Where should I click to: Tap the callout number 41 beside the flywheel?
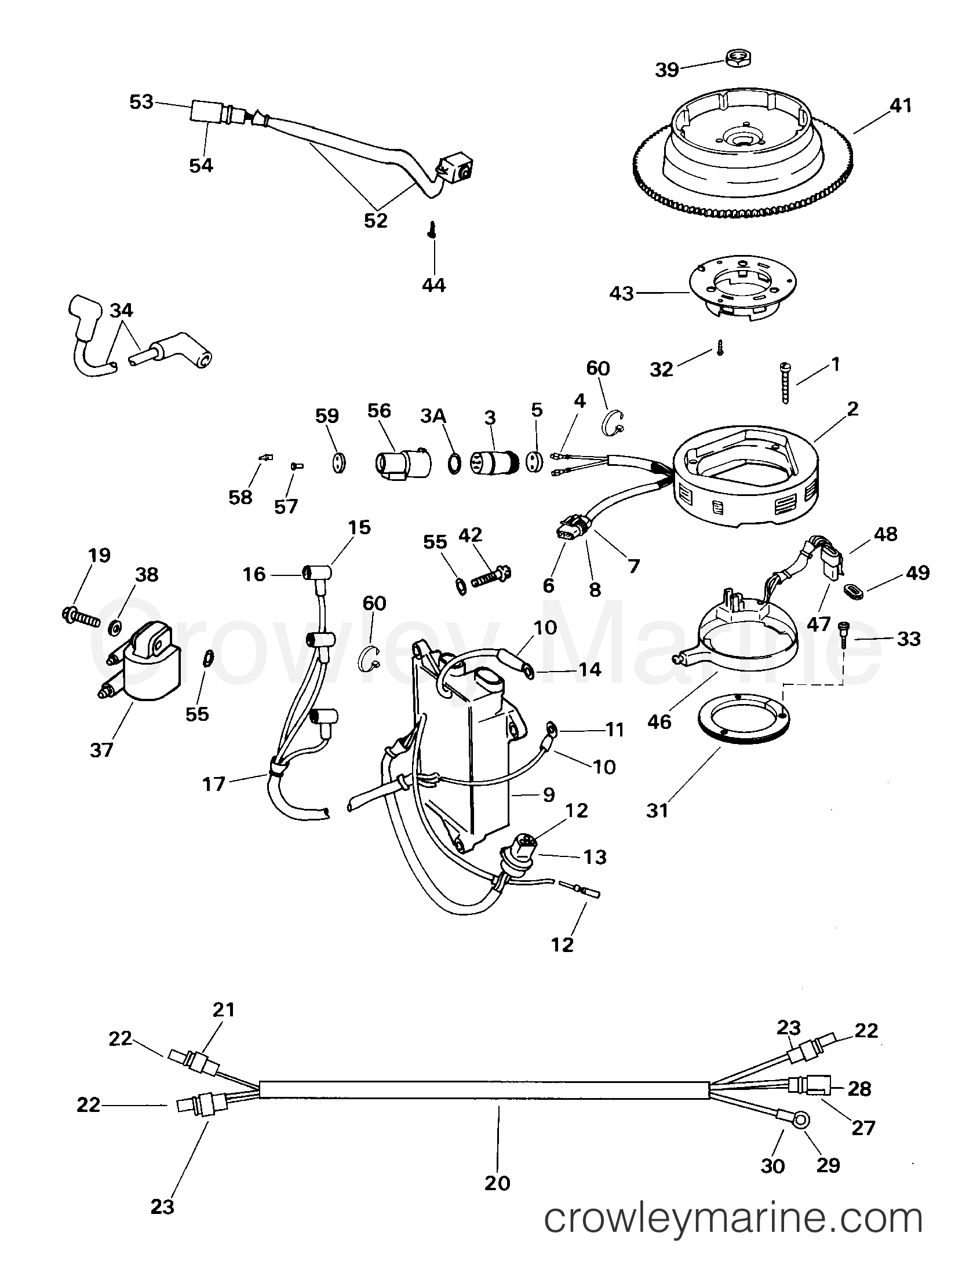(x=899, y=105)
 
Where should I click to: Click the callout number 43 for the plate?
(x=622, y=294)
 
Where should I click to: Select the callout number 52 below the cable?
(x=376, y=221)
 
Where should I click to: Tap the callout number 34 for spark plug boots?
(x=121, y=311)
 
